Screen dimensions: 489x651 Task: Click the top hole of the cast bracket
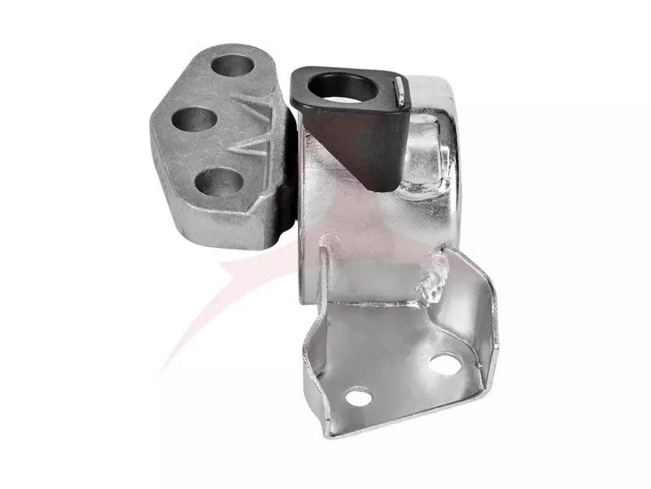pos(235,65)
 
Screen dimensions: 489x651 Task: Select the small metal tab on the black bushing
pos(402,90)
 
